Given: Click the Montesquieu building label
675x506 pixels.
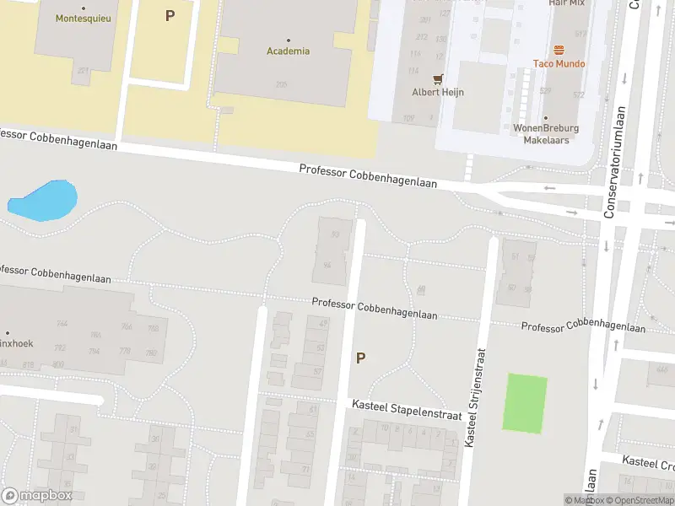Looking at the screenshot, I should coord(83,18).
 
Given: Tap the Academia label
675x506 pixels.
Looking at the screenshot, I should coord(289,51).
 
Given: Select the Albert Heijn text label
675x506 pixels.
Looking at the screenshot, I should coord(438,92).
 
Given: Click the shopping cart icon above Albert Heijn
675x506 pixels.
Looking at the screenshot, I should coord(438,79).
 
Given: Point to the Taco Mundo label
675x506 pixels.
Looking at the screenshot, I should coord(559,63).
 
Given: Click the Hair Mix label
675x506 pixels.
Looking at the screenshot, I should coord(566,3).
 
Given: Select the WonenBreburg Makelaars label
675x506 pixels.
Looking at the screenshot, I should coord(546,134).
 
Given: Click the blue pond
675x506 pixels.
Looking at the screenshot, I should coord(43,199).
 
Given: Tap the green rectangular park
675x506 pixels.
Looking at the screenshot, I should coord(524,403).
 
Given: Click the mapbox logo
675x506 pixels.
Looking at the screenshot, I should coord(36,496).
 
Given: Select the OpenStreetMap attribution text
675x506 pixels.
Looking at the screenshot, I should coord(640,500).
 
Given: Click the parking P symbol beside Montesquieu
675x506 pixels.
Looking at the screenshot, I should coord(170,15).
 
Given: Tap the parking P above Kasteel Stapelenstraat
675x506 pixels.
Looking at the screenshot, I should coord(360,358).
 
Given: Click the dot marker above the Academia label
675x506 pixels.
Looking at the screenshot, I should coord(289,40).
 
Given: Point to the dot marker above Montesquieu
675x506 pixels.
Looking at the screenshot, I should coord(83,8).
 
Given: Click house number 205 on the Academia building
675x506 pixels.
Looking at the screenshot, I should coord(281,83).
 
